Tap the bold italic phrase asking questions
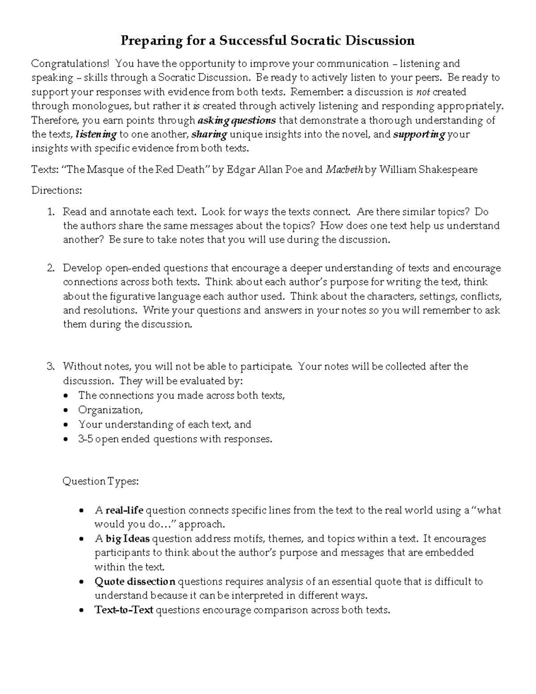tap(236, 120)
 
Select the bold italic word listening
tap(96, 135)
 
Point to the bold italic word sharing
tap(209, 135)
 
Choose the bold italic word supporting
tap(419, 135)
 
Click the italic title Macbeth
tap(344, 170)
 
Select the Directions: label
tap(57, 190)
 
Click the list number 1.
tap(50, 212)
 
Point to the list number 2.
tap(50, 268)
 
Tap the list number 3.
tap(50, 366)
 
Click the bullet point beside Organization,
tap(66, 410)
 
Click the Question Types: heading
tap(101, 481)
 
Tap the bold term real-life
tap(124, 510)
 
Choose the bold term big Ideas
tap(127, 538)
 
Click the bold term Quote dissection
tap(135, 581)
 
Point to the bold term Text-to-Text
tap(124, 610)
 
